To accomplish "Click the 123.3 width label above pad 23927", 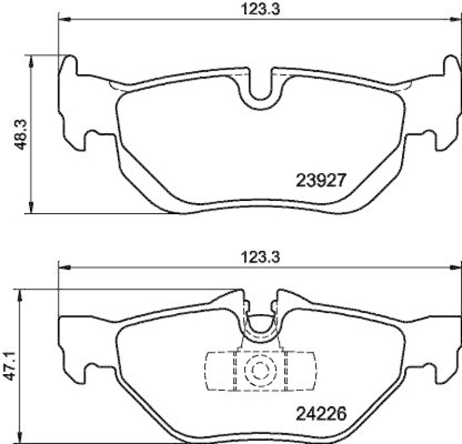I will (x=254, y=10).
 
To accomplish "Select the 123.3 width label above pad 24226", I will (x=254, y=258).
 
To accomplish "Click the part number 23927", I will (x=321, y=181).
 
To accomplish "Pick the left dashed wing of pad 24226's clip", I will (x=219, y=370).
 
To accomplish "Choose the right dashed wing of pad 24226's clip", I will (x=301, y=370).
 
